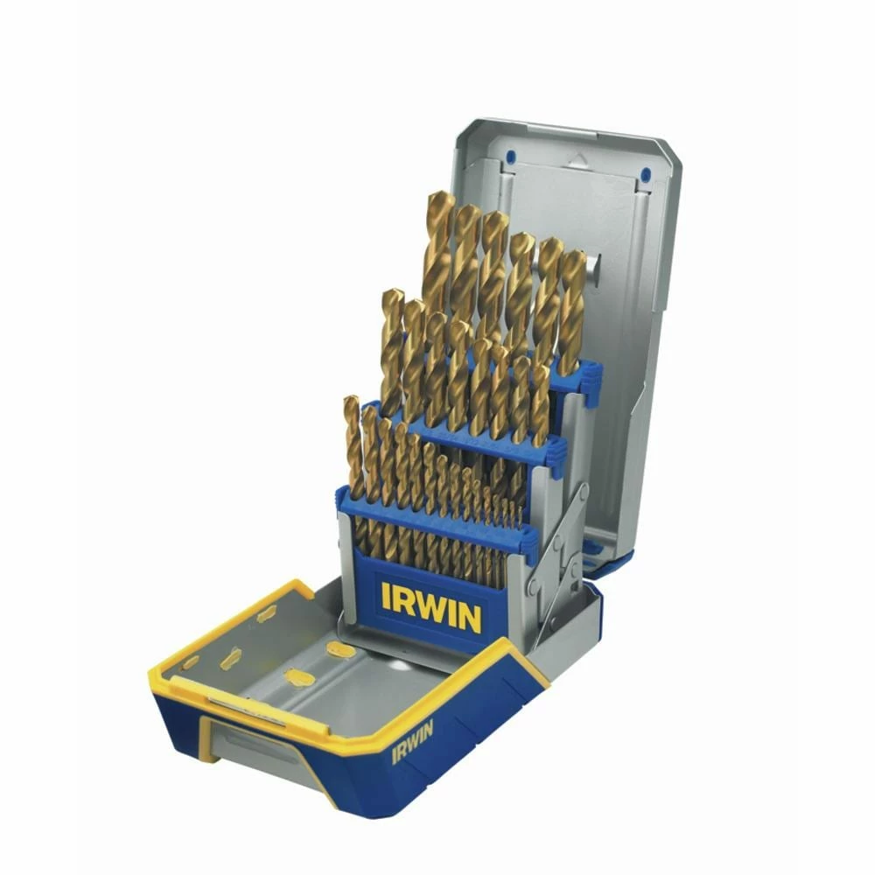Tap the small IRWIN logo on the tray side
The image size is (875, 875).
[x=412, y=741]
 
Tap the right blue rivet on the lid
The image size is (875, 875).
[x=646, y=175]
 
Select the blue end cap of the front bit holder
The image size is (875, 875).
[x=527, y=542]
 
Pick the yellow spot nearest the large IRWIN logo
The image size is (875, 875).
[x=341, y=650]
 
